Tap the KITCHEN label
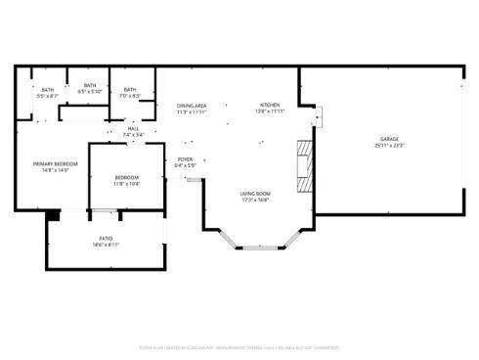(x=270, y=106)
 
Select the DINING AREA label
(x=192, y=106)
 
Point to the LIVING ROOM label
(x=256, y=194)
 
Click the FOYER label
(x=186, y=159)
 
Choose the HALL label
(x=133, y=129)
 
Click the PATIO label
(x=105, y=238)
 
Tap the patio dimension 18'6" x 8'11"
(x=105, y=245)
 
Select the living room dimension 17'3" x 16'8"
(x=256, y=201)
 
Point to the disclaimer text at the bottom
(x=239, y=346)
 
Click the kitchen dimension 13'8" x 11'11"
(x=270, y=112)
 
